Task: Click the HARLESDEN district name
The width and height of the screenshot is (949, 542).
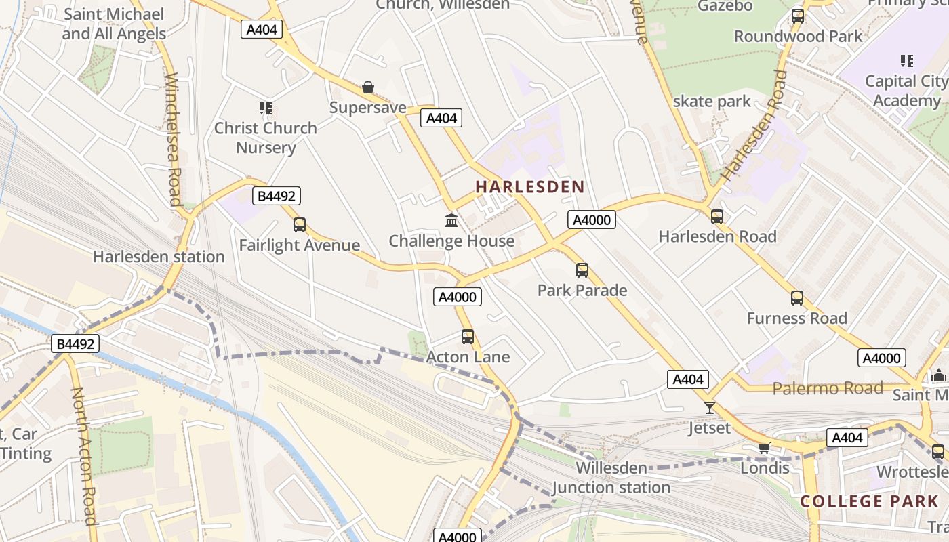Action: pyautogui.click(x=529, y=187)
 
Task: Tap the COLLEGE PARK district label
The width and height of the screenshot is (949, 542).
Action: pyautogui.click(x=870, y=501)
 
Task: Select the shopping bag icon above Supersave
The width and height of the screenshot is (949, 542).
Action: pyautogui.click(x=367, y=87)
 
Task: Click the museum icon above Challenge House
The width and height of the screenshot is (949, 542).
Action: pyautogui.click(x=451, y=220)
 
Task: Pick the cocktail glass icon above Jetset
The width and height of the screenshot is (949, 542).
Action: pyautogui.click(x=710, y=407)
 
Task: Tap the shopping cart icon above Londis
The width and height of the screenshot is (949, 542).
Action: pyautogui.click(x=765, y=448)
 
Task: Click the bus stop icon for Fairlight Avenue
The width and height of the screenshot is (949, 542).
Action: pyautogui.click(x=299, y=224)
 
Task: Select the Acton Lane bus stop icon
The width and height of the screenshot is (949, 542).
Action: pyautogui.click(x=468, y=337)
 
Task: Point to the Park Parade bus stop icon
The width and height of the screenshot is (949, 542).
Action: pyautogui.click(x=582, y=270)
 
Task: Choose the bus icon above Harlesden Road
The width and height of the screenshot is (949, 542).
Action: pyautogui.click(x=717, y=217)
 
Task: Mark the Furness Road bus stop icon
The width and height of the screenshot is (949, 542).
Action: pyautogui.click(x=797, y=298)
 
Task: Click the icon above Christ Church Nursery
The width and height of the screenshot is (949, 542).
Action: pyautogui.click(x=265, y=108)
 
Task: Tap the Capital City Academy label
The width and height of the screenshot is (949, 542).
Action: pyautogui.click(x=906, y=91)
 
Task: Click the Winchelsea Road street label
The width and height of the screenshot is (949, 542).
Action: pyautogui.click(x=173, y=139)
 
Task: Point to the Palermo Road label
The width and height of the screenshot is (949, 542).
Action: pyautogui.click(x=828, y=388)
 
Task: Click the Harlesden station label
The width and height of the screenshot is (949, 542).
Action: pyautogui.click(x=159, y=257)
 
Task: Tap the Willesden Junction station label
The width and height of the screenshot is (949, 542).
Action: pyautogui.click(x=611, y=478)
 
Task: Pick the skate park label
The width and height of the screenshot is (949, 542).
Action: pyautogui.click(x=712, y=102)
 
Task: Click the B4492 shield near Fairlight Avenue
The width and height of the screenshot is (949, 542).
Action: pyautogui.click(x=277, y=196)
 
